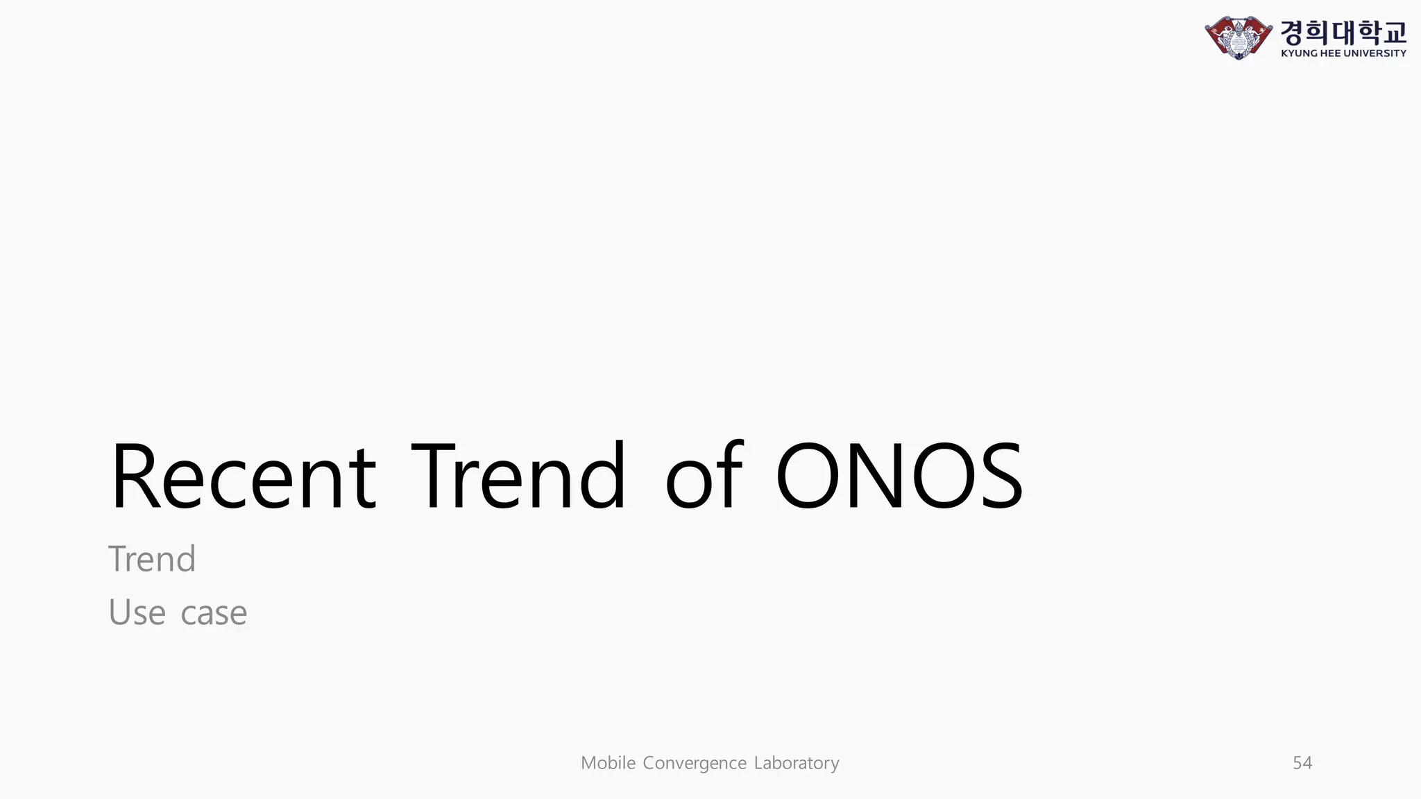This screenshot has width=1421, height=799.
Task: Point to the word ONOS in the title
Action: (899, 477)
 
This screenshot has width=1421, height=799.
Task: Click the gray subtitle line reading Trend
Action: (152, 559)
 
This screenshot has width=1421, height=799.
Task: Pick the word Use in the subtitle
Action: (137, 612)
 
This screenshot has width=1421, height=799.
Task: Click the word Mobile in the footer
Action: (608, 763)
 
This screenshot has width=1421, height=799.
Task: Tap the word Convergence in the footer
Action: (695, 763)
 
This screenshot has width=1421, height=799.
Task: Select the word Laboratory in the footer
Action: (797, 763)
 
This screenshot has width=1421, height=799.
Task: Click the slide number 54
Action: (1302, 763)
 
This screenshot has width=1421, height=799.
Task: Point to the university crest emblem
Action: (1239, 37)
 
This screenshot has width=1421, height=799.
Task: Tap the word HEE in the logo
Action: (1330, 53)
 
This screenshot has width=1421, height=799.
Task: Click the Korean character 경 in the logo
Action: (1293, 32)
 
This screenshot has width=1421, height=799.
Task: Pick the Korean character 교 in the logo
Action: (1394, 32)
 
